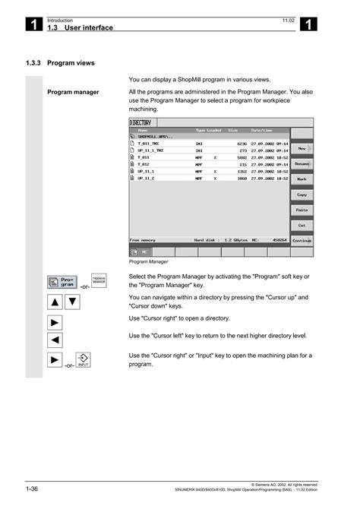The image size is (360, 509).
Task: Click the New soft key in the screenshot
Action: click(302, 149)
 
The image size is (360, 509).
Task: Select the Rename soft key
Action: click(302, 164)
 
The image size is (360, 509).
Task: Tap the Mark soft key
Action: click(302, 179)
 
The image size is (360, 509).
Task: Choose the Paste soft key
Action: click(302, 210)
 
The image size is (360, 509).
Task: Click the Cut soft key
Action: click(302, 225)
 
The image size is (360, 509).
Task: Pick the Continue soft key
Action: click(302, 240)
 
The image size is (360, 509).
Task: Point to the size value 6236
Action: click(242, 142)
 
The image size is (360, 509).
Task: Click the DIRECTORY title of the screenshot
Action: click(141, 122)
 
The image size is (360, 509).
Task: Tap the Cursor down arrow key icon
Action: click(71, 302)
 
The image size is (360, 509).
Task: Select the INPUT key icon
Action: click(83, 361)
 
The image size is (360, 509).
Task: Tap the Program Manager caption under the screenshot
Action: click(148, 261)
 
